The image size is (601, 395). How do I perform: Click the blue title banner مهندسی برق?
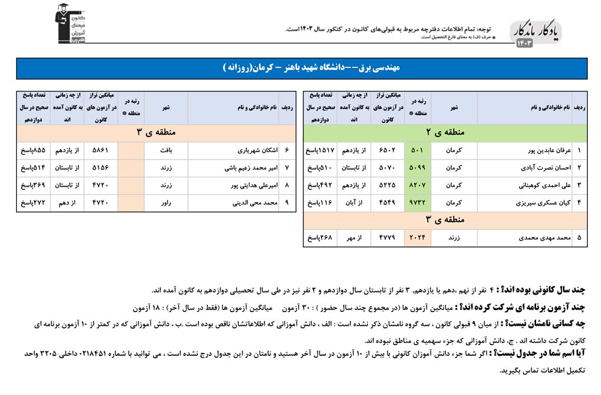pos(300,68)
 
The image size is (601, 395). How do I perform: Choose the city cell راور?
pos(166,203)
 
